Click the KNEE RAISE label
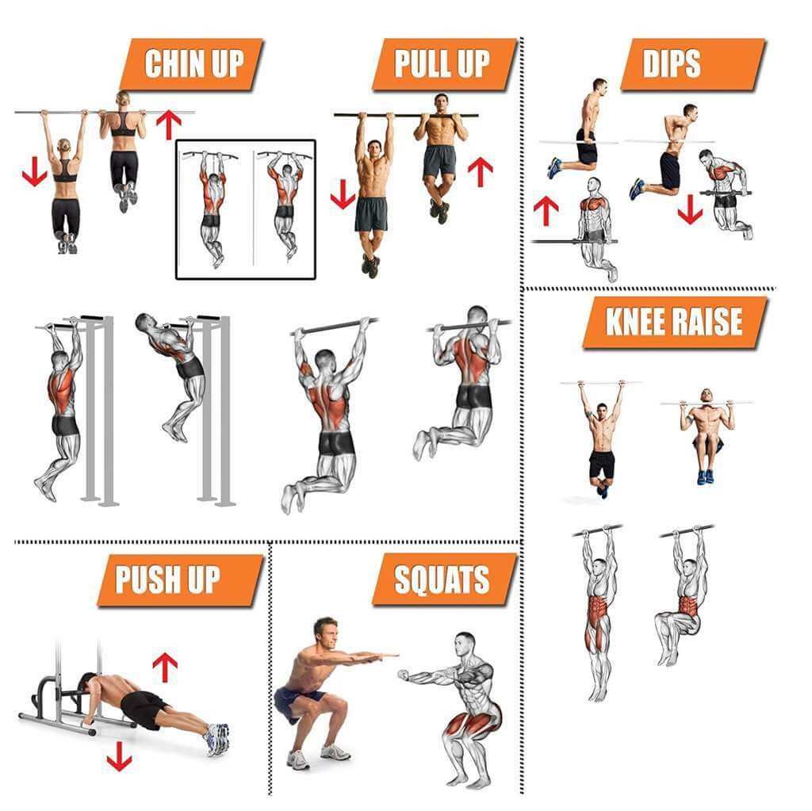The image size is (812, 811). click(675, 322)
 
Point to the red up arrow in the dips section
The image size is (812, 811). click(546, 210)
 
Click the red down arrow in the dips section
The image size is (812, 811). click(690, 208)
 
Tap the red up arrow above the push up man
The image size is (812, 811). click(164, 668)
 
